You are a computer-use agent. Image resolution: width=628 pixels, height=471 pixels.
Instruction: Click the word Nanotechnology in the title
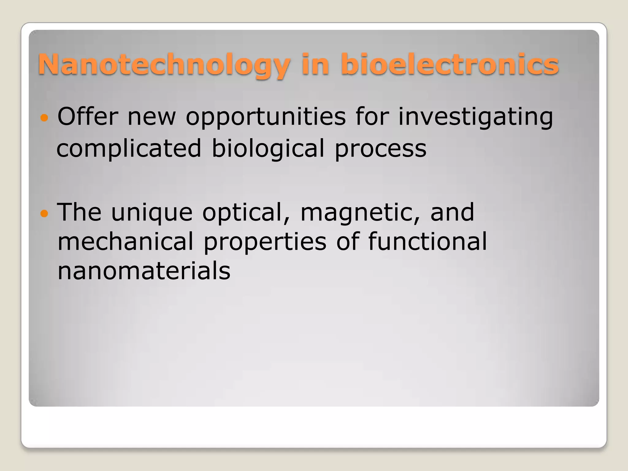[x=164, y=65]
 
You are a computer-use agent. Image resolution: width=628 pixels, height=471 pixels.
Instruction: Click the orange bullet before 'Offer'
[x=44, y=117]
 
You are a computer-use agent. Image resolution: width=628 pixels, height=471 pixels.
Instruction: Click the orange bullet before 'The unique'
[x=44, y=213]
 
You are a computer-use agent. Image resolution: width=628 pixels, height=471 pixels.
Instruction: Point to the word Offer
[x=88, y=117]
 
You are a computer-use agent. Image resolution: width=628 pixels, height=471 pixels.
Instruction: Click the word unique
[x=152, y=213]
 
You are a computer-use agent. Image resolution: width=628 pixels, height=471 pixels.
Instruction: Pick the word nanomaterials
[x=144, y=271]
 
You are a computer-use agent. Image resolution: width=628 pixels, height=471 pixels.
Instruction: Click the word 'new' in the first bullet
[x=152, y=117]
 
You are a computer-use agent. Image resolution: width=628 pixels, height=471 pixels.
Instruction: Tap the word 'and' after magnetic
[x=452, y=213]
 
